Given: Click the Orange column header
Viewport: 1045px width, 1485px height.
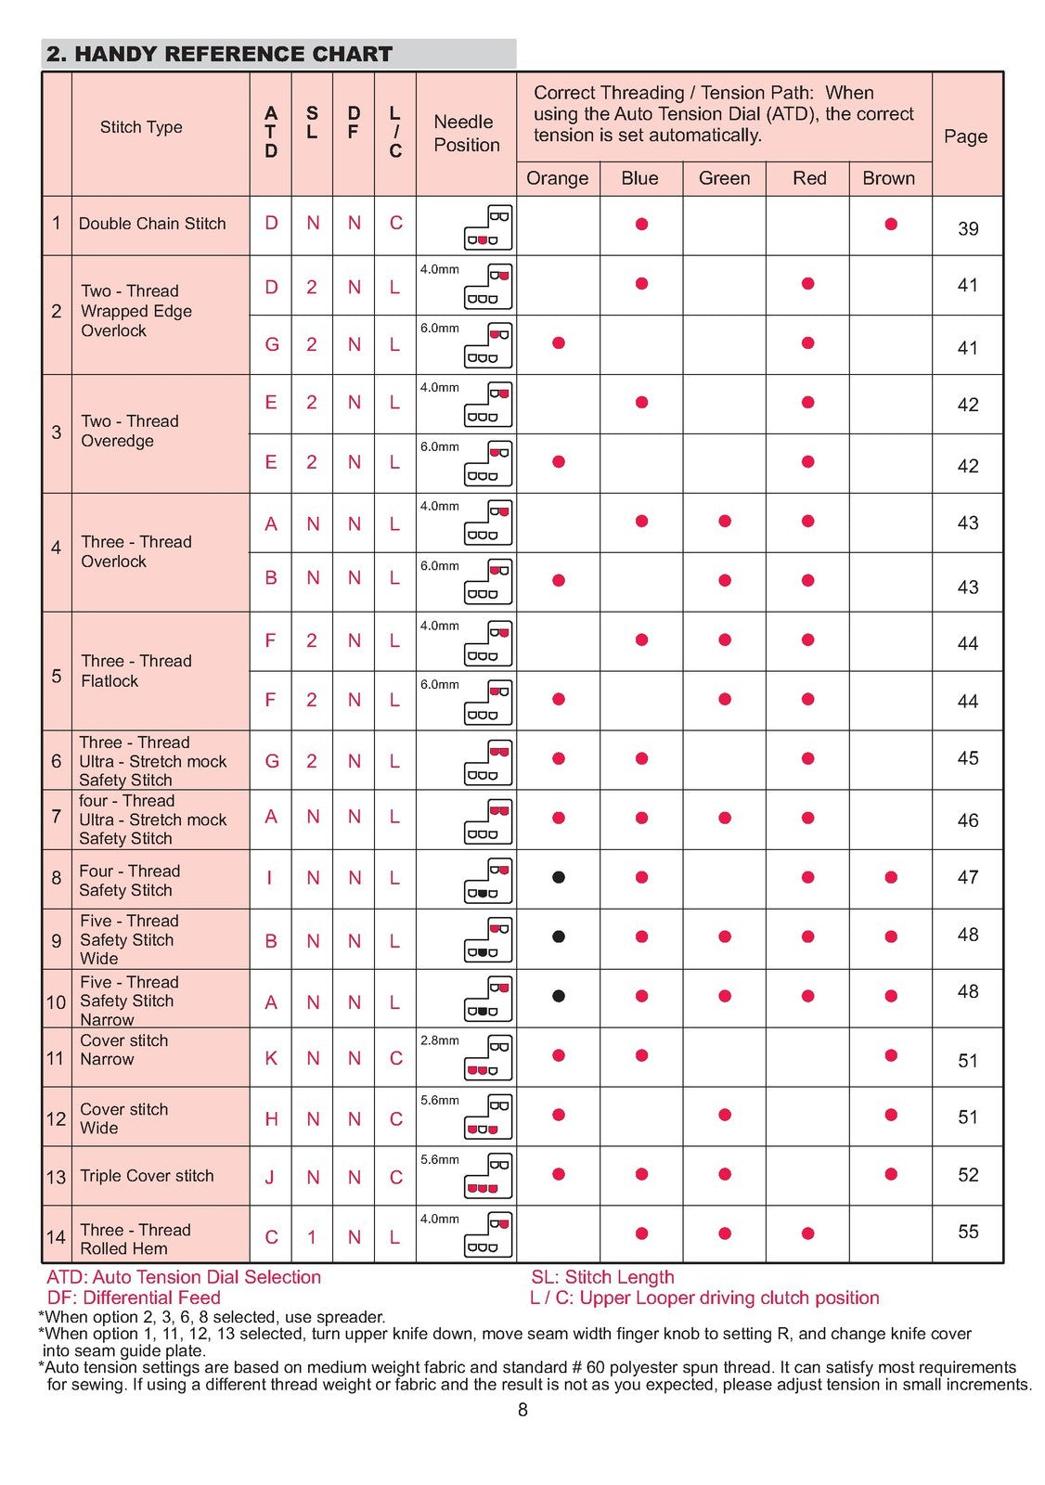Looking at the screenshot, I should point(557,178).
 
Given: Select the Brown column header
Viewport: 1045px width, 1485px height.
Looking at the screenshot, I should point(888,178).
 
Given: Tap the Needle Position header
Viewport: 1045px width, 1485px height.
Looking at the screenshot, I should point(466,134).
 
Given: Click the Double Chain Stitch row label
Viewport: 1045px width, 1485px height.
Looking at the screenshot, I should point(152,224).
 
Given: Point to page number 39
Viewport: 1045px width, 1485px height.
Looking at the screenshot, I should point(967,228).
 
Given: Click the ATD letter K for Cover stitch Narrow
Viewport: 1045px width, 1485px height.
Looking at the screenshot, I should point(271,1058).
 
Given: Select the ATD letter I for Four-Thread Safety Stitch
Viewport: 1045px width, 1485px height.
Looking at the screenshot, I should point(270,877).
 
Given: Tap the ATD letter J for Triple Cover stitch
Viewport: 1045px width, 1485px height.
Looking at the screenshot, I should point(270,1177).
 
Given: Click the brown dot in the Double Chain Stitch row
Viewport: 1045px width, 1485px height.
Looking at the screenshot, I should point(891,224).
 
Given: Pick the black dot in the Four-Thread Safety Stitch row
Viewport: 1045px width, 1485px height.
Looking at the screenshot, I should point(559,877).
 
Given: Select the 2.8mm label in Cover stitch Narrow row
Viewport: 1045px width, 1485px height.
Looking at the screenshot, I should point(439,1040).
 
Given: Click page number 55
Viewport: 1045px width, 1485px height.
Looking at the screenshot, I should point(967,1232).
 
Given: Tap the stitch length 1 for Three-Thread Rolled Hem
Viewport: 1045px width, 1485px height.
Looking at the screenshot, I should point(312,1237).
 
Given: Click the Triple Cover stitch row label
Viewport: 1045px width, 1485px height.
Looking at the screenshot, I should point(147,1176).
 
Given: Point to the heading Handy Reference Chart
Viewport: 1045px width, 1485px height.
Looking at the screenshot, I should point(220,54).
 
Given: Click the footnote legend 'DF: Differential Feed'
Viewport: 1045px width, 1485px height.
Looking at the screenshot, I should point(134,1298).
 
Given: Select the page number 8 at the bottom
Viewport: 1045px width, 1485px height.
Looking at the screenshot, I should point(522,1410).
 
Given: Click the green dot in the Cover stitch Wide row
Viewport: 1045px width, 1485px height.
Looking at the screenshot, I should point(725,1115).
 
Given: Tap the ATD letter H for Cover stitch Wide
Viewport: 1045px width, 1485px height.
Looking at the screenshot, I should point(271,1119).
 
